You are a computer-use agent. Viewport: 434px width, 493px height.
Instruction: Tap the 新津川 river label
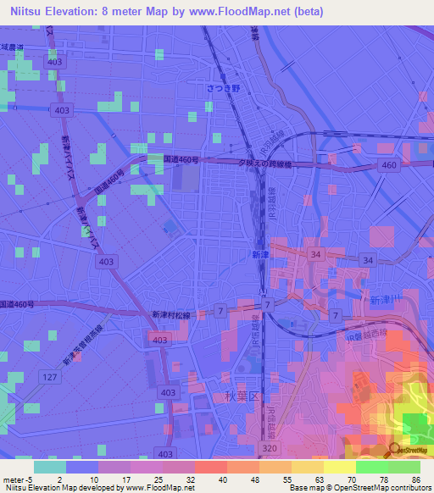386,301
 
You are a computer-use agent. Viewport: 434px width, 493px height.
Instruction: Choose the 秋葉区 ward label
240,396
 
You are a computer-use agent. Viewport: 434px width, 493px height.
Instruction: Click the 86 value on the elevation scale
415,479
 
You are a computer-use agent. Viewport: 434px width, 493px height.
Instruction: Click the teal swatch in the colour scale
50,467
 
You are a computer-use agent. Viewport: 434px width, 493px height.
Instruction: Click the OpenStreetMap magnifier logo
396,450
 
